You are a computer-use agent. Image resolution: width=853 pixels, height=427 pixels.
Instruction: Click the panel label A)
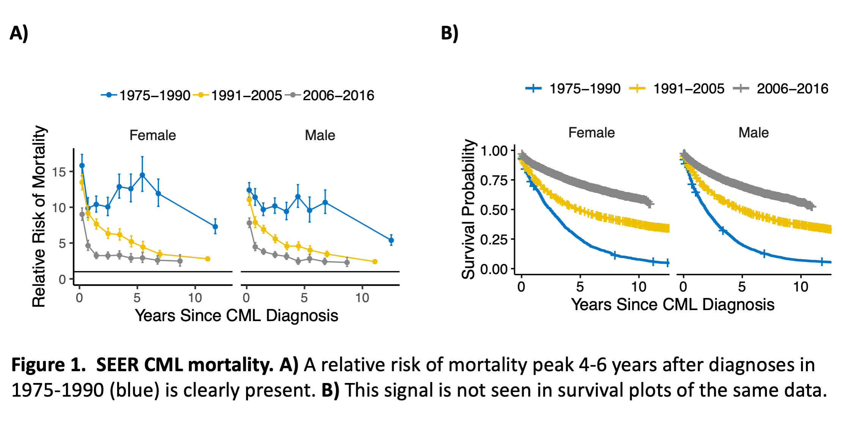19,33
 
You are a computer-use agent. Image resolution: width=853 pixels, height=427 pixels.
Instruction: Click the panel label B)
449,33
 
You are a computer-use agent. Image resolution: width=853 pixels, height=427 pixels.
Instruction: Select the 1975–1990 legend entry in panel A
146,95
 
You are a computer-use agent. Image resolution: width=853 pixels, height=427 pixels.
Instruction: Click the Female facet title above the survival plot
591,133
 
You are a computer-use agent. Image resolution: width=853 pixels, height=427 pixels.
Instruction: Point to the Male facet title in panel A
320,136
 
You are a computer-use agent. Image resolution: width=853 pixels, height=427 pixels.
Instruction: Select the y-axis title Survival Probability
468,209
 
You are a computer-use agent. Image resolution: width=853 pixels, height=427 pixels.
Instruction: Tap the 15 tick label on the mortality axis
59,172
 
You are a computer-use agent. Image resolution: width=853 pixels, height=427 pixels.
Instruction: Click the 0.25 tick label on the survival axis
494,240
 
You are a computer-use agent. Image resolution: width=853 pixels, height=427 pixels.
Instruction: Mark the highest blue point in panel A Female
82,165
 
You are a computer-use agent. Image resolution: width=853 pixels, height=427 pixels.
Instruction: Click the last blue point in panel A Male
391,240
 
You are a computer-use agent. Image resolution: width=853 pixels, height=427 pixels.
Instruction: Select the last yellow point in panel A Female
207,259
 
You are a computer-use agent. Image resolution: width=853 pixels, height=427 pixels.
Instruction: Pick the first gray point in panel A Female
82,214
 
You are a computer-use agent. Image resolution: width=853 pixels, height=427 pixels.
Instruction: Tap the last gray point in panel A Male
347,262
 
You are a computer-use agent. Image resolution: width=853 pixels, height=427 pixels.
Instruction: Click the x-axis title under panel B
672,305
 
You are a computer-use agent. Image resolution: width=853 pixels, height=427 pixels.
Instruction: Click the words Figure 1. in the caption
49,365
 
